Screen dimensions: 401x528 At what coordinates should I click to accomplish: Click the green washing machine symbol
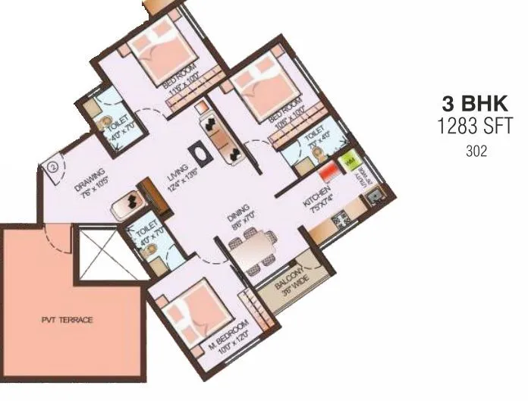349,162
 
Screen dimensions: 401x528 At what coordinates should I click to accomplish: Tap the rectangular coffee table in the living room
203,152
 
